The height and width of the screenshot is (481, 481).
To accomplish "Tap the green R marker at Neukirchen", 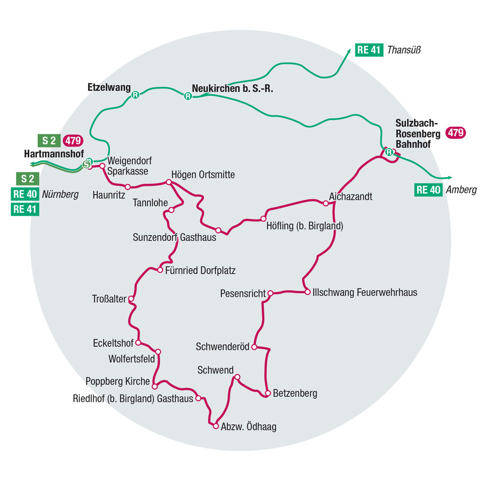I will tap(188, 96).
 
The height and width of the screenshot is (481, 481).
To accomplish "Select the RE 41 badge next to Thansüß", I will tap(369, 50).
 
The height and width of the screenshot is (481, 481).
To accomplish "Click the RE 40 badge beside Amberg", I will tap(428, 190).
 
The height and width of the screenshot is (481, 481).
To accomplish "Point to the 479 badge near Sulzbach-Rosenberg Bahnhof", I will tap(456, 133).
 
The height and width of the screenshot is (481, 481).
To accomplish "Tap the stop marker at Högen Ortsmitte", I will tap(168, 182).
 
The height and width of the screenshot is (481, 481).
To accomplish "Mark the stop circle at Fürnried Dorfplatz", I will tap(160, 270).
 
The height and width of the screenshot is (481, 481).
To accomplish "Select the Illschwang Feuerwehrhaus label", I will tap(365, 292).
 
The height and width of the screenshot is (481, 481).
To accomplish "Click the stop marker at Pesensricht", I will tap(270, 293).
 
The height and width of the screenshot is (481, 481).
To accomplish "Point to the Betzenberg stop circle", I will tap(268, 393).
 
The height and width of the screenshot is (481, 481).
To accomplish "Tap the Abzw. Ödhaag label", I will tap(249, 426).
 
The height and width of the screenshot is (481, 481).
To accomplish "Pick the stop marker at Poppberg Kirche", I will tap(155, 386).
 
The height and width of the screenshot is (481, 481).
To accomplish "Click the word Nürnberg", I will tap(60, 194).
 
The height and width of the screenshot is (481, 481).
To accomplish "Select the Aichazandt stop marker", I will tap(326, 203).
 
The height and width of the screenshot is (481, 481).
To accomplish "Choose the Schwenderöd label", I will tap(223, 346).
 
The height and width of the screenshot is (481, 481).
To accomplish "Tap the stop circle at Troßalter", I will tap(131, 299).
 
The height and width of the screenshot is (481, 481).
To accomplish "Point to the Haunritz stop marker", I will tap(128, 187).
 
